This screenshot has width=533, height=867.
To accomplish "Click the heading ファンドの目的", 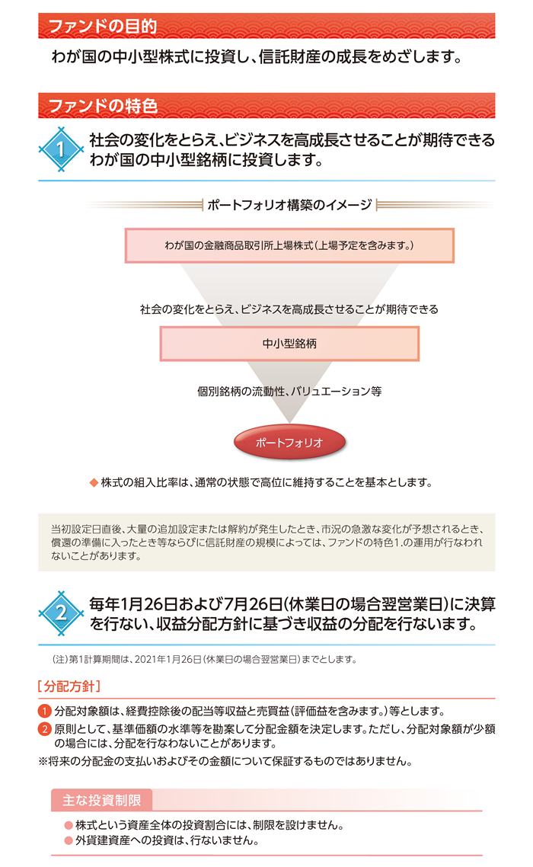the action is tap(103, 26).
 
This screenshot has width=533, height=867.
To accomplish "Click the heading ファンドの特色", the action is tap(103, 106).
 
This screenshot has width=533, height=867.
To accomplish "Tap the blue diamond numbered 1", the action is tap(61, 149).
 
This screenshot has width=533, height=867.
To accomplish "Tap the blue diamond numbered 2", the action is tap(61, 613).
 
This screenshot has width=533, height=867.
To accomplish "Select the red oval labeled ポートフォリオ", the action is tap(289, 443).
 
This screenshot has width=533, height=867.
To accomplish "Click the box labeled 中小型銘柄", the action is tap(289, 344).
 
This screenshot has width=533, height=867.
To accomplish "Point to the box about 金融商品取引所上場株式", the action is tap(289, 245).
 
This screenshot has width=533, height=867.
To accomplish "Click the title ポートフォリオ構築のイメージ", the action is tap(289, 205).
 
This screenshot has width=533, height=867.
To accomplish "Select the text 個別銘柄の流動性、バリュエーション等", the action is tap(289, 392).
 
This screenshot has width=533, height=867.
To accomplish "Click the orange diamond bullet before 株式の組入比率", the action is tap(94, 483).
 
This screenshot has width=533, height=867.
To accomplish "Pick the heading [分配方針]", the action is tap(69, 686).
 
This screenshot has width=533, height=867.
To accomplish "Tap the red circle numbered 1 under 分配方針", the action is tap(45, 711).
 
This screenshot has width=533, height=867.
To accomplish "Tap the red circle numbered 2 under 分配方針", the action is tap(45, 729).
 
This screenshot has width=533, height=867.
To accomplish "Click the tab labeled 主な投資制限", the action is tap(102, 800).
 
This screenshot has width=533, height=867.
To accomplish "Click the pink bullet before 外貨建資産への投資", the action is tap(69, 841).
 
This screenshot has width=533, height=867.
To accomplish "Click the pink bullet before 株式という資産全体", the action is tap(69, 826).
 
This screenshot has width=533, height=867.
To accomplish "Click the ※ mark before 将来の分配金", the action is tap(43, 761).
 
